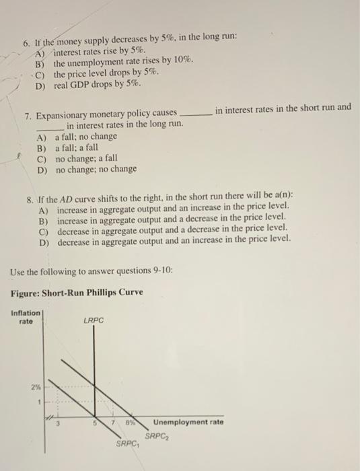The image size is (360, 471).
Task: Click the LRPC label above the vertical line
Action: [x=94, y=320]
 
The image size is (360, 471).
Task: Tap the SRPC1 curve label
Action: [x=127, y=443]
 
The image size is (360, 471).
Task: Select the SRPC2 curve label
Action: [x=157, y=435]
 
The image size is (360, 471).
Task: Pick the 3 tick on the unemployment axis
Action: [x=57, y=423]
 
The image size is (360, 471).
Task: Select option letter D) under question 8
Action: [x=44, y=238]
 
